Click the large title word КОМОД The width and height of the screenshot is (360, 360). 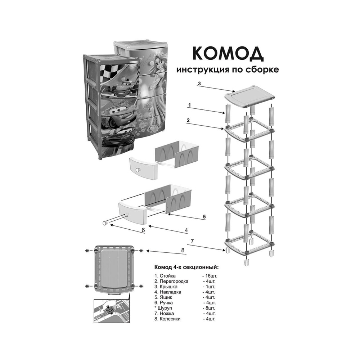[228, 54]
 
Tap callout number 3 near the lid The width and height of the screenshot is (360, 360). [199, 84]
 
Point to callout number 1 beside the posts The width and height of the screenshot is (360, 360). [189, 105]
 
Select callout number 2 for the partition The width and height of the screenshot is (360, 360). [188, 120]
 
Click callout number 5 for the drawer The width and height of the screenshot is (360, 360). [204, 216]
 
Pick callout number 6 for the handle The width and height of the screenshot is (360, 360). [143, 230]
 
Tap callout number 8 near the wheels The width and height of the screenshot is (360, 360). [183, 250]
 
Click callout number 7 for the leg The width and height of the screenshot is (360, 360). [192, 241]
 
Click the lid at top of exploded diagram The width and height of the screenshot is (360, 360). [249, 96]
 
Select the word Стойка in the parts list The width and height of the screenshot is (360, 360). [168, 276]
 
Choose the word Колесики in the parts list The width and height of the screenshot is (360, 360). [170, 319]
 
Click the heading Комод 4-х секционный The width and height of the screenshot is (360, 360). [186, 267]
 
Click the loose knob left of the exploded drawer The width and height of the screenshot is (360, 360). [105, 223]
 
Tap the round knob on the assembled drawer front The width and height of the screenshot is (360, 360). [138, 170]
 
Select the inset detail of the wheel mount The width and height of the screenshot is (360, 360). [111, 311]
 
